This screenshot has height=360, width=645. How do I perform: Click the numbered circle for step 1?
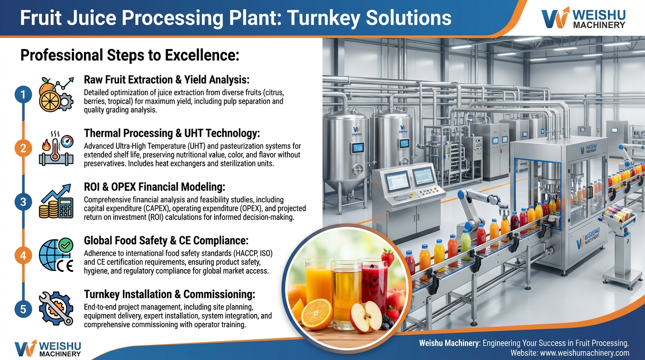[22, 95]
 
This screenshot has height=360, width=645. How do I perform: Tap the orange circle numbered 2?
[22, 149]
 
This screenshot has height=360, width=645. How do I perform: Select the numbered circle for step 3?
[22, 202]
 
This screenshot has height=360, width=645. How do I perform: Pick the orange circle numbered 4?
[22, 255]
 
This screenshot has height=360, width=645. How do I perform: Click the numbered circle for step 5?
[22, 309]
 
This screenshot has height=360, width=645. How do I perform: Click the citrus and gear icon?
[55, 94]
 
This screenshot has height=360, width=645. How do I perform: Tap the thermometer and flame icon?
[55, 148]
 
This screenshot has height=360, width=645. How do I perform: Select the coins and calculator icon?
[55, 202]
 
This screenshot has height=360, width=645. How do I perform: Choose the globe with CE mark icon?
[55, 255]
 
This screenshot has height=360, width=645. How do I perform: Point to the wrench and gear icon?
[55, 309]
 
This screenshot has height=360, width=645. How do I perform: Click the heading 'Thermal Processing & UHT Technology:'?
[172, 134]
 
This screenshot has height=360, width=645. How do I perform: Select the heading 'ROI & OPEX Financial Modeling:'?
[155, 187]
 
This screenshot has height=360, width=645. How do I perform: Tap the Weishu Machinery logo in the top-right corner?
[583, 18]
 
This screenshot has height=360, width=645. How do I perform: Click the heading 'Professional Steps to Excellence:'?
[130, 56]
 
